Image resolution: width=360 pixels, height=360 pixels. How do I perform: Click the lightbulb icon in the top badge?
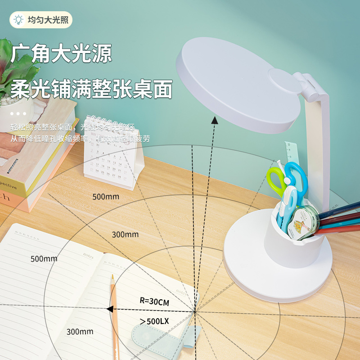[x=18, y=20]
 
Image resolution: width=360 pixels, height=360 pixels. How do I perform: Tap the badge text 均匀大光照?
[x=47, y=20]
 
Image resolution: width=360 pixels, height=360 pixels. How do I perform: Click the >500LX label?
[x=154, y=321]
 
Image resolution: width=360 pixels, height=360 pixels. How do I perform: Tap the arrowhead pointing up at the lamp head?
[x=216, y=119]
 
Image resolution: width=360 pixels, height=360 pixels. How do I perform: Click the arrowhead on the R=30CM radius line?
[x=109, y=309]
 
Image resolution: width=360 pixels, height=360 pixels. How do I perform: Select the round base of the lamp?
[x=278, y=270]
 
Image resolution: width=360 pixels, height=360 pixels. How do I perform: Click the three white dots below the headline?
[x=18, y=114]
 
